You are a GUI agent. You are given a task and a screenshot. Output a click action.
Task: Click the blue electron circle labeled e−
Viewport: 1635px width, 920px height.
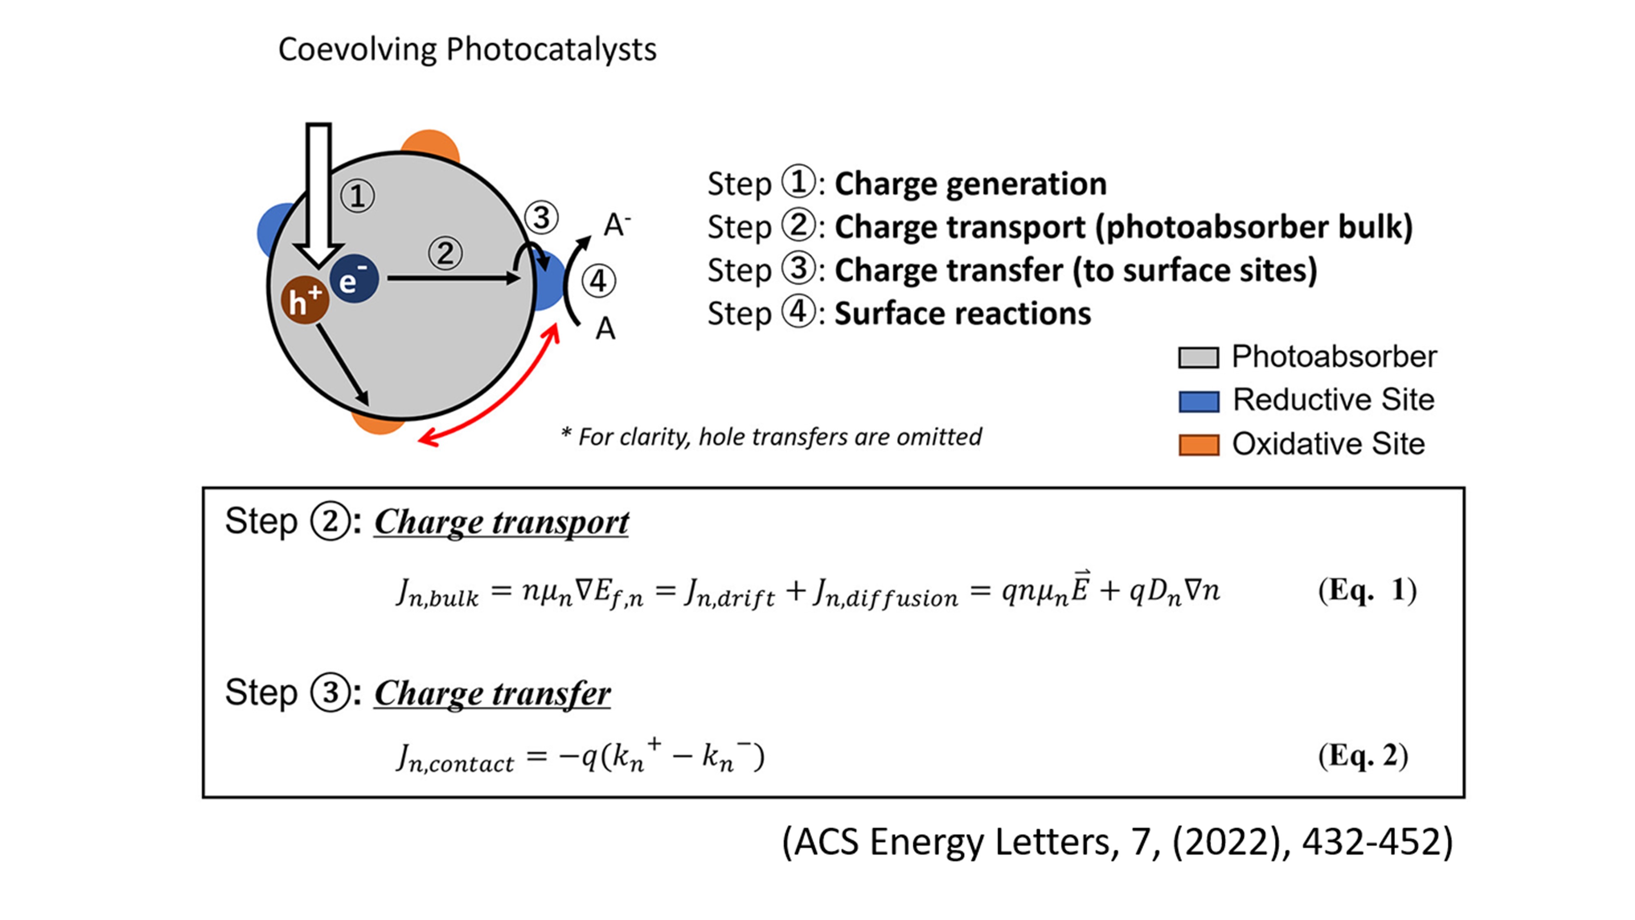coord(354,279)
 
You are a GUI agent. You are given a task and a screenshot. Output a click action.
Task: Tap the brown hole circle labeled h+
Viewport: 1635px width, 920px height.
coord(305,300)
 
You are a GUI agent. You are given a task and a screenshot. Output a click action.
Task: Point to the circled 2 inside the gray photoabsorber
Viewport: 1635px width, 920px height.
coord(445,254)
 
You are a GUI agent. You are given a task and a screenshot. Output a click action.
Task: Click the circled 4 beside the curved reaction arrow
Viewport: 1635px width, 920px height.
coord(598,280)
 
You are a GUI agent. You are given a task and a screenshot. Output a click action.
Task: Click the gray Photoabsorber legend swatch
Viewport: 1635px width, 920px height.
coord(1198,357)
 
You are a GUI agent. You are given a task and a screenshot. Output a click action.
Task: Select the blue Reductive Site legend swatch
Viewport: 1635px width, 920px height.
coord(1198,401)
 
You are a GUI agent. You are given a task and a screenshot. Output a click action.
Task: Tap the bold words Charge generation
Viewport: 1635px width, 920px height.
coord(970,184)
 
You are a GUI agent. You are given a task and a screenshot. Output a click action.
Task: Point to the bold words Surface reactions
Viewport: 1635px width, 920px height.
coord(962,314)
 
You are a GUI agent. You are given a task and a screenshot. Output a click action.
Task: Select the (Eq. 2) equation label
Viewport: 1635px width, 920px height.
coord(1363,756)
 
